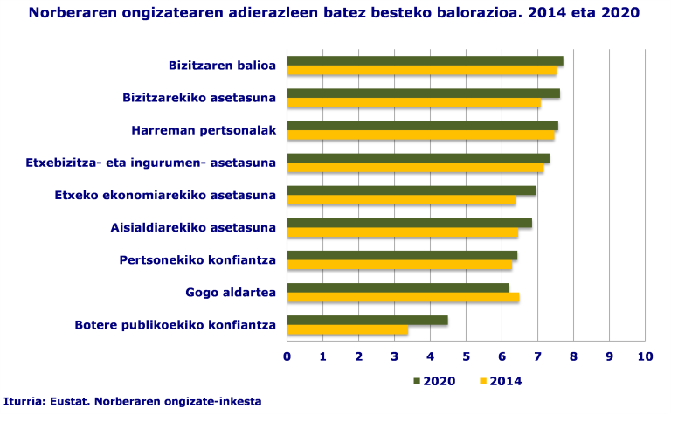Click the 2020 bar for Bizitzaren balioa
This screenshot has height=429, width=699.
[425, 61]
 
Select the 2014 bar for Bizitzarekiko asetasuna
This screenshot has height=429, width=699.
[413, 103]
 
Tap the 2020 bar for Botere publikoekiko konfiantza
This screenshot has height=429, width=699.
[367, 321]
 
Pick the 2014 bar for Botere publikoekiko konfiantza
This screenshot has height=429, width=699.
[348, 330]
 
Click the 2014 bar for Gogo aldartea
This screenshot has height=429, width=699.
[403, 298]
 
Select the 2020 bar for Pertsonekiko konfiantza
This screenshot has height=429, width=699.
[402, 255]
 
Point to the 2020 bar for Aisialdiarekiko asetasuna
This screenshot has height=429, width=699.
[409, 223]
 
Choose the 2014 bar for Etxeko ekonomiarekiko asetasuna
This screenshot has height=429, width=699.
[401, 200]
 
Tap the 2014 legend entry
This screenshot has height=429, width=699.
[502, 380]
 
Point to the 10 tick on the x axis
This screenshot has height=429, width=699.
[645, 356]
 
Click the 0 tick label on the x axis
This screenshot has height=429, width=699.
[287, 356]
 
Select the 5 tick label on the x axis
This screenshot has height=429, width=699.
[467, 356]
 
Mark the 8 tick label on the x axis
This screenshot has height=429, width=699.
[573, 356]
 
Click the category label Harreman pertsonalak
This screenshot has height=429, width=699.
[204, 130]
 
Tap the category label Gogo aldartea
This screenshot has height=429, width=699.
[231, 292]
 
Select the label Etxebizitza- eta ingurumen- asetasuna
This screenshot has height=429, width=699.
[151, 163]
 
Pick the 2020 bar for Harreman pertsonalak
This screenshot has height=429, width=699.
[422, 126]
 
